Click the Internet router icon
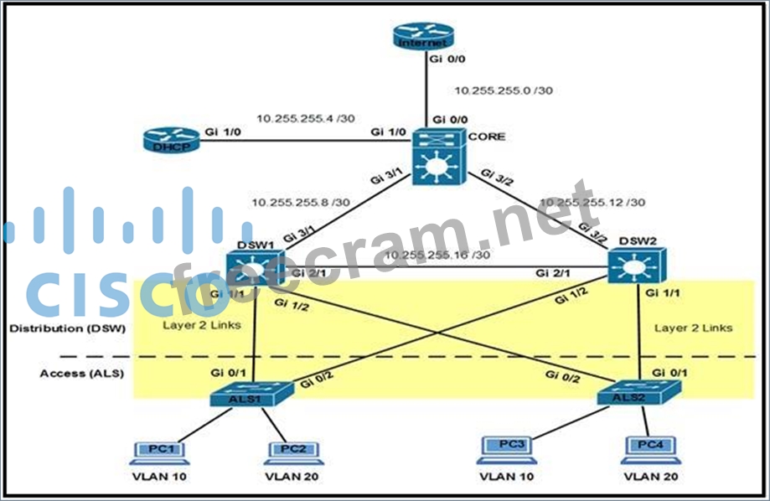tap(422, 36)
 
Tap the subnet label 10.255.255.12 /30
tap(592, 202)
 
